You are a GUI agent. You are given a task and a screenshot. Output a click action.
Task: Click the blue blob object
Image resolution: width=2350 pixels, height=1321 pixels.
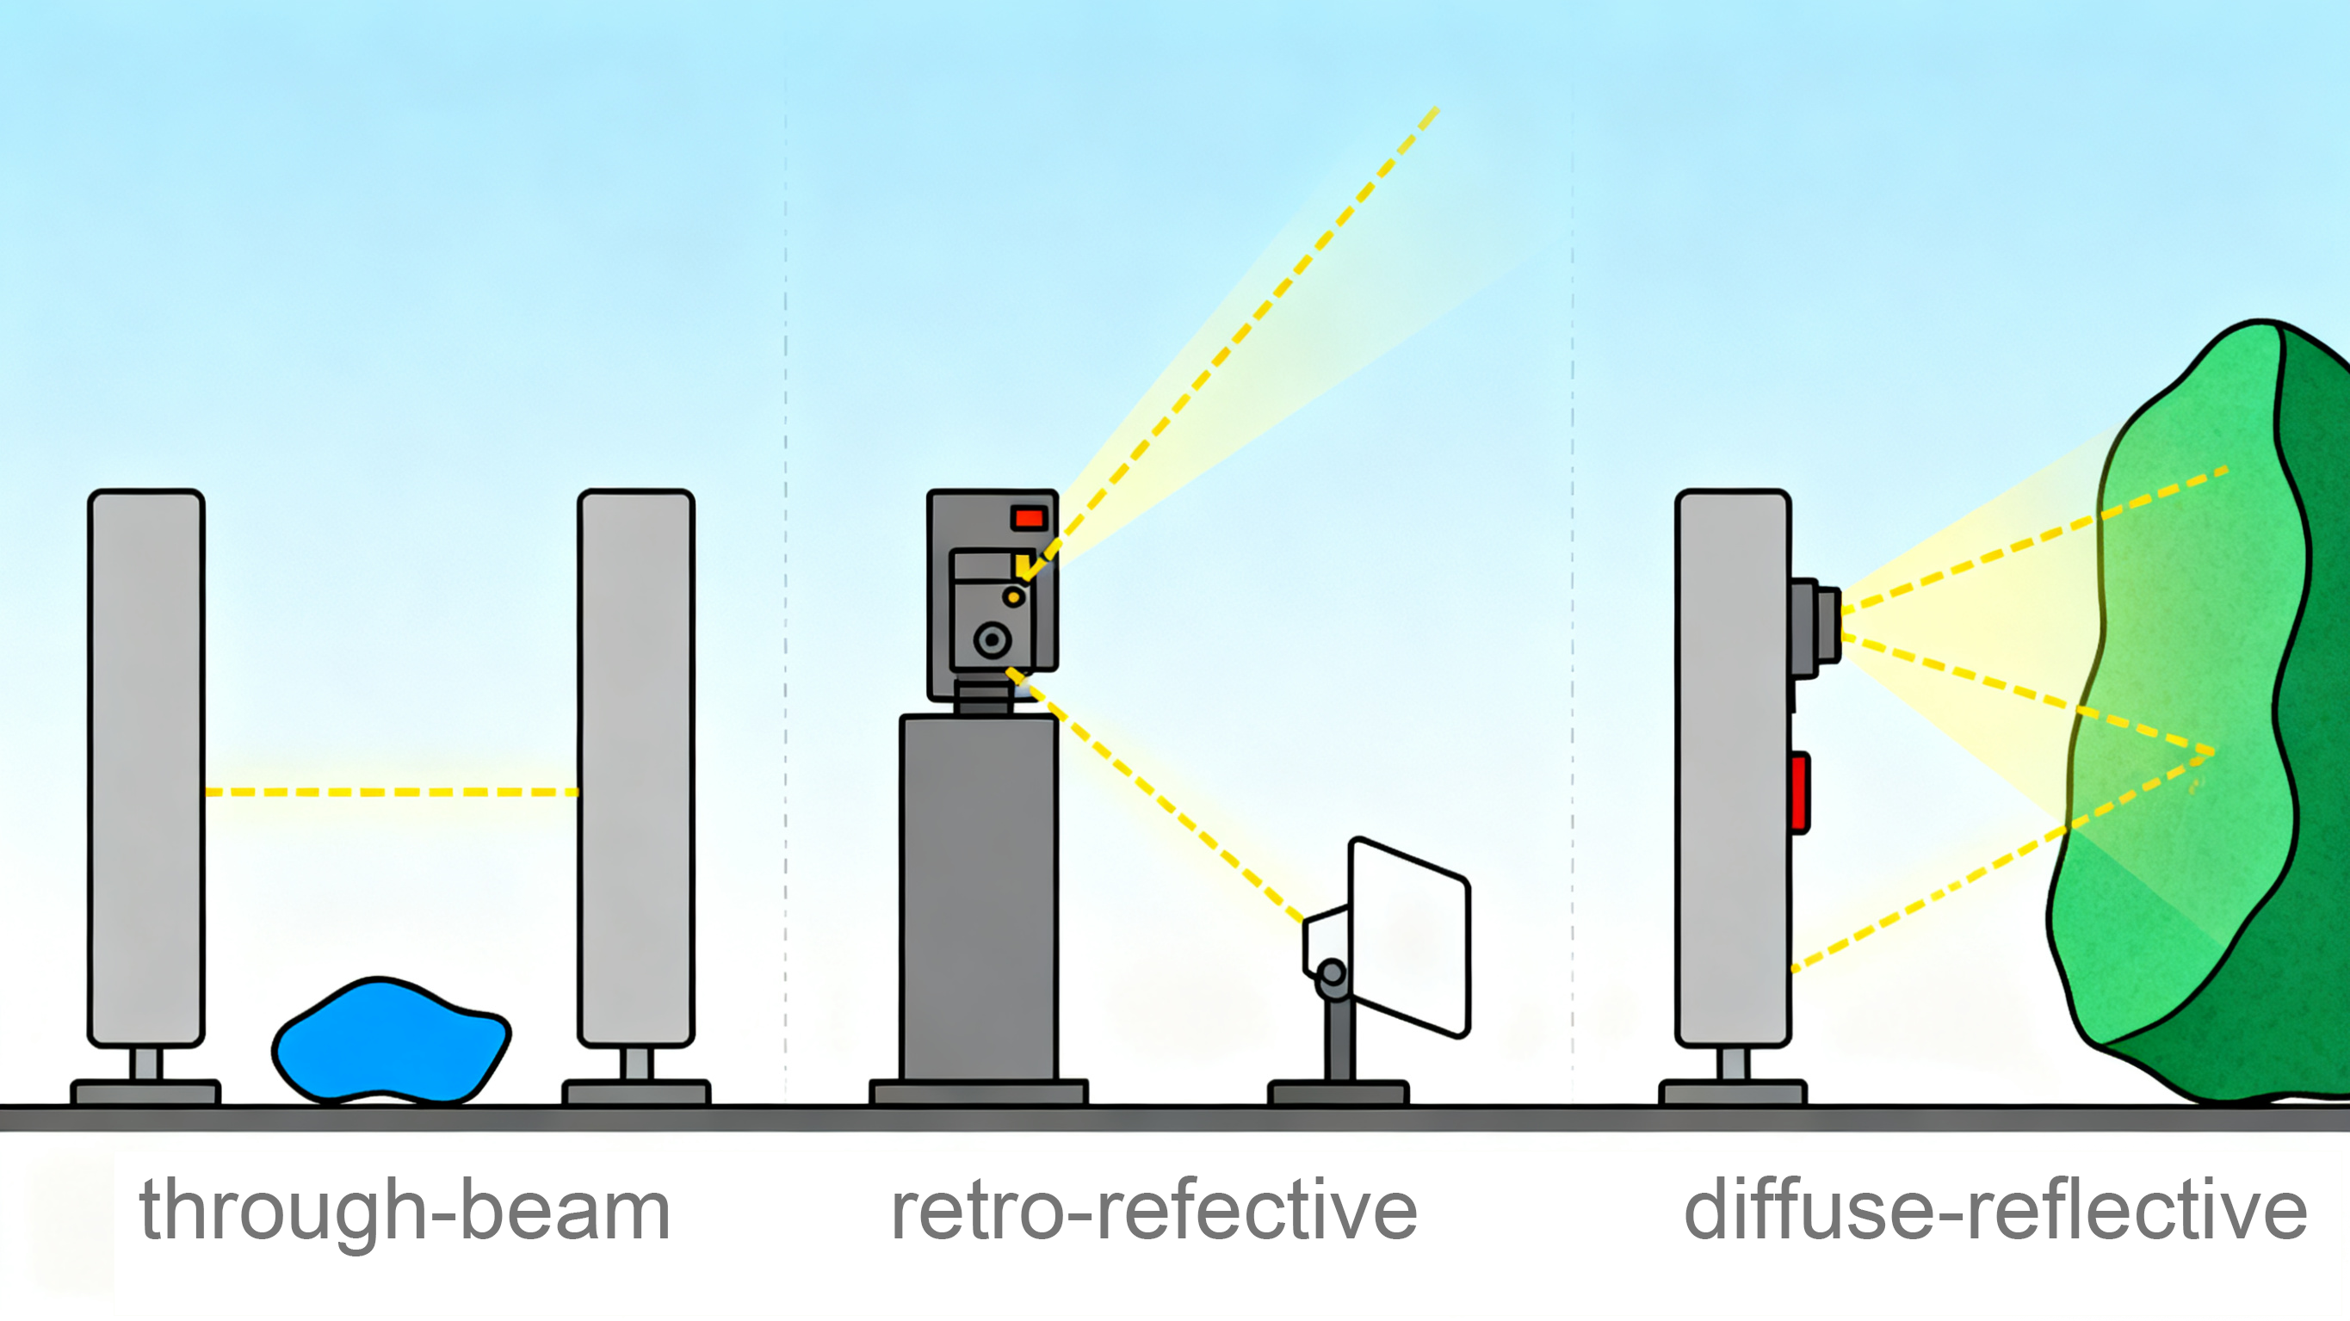tap(391, 1042)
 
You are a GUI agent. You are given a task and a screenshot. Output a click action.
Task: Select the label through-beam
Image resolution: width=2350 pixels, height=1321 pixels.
tap(404, 1210)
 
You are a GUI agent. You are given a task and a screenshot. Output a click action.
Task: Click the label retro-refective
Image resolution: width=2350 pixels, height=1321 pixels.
tap(1153, 1210)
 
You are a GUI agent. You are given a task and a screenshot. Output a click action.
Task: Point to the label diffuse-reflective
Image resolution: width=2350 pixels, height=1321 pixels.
tap(1995, 1210)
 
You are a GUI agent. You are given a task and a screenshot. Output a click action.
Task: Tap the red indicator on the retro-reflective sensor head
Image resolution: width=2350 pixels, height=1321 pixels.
tap(1029, 518)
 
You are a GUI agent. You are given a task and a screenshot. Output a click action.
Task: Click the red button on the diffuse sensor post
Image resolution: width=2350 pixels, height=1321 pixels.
tap(1799, 792)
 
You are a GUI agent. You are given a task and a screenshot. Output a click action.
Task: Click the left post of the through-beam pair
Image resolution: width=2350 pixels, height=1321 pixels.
tap(146, 766)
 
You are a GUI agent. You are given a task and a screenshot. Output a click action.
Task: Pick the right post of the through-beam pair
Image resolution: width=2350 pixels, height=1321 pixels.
tap(636, 766)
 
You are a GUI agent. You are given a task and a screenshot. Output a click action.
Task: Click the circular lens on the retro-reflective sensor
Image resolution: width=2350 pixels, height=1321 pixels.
tap(992, 639)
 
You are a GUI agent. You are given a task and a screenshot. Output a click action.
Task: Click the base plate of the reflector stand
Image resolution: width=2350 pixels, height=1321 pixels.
tap(1338, 1092)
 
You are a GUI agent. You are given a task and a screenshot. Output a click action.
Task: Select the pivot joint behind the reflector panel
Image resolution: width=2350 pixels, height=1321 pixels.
tap(1332, 973)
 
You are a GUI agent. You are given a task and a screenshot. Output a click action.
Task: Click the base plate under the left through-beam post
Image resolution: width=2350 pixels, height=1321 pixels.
tap(146, 1092)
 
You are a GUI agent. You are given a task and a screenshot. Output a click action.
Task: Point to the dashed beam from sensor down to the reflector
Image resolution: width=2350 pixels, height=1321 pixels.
tap(1159, 799)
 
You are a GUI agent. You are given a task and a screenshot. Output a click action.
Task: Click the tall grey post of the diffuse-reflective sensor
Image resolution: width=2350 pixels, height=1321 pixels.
tap(1731, 766)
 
